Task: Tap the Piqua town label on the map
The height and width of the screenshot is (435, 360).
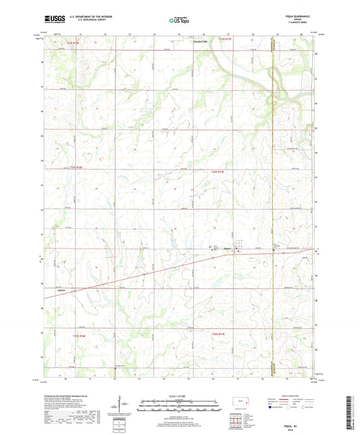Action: pos(228,249)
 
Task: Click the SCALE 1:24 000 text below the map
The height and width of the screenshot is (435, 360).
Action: pos(180,396)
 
